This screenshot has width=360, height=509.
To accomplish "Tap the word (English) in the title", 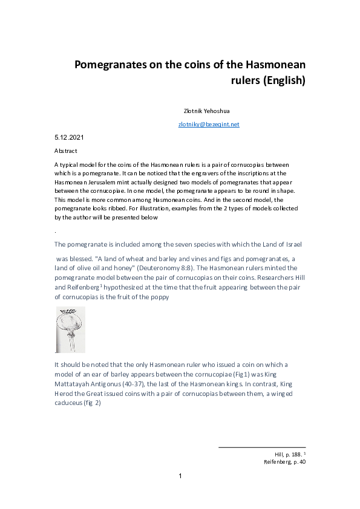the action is (x=284, y=80).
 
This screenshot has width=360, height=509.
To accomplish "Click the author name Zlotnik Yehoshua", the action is (x=206, y=111).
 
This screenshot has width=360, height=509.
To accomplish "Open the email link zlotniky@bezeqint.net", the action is (x=209, y=125).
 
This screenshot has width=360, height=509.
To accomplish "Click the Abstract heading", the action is (x=65, y=151).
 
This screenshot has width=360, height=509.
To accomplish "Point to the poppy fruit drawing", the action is (x=70, y=329).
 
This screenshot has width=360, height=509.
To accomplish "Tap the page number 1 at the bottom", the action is (x=180, y=476).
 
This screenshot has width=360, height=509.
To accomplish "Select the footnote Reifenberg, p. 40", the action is (x=284, y=462).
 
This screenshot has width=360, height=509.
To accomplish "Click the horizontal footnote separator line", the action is (x=261, y=447).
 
